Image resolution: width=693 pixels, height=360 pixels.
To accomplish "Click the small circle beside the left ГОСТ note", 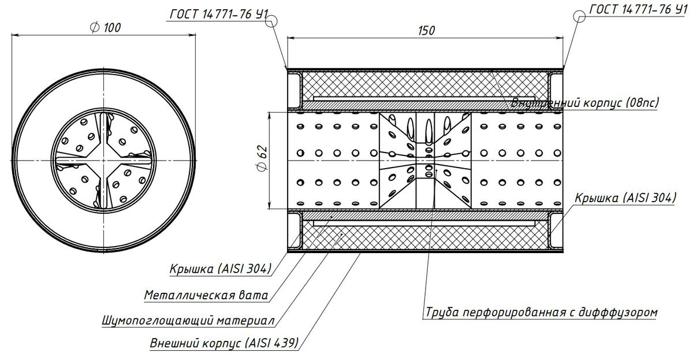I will point(272,21).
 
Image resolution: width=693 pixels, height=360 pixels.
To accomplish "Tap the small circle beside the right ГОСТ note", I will point(580,17).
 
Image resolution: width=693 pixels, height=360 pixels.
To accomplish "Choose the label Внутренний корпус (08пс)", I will point(584,103).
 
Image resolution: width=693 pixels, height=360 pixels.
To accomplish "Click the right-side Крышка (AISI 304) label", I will point(625,198).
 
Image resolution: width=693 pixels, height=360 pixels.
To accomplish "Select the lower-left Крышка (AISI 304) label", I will point(220,269).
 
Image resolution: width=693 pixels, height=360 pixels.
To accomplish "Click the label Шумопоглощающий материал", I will point(188,320).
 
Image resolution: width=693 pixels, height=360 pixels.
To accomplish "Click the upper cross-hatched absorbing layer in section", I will point(424,84).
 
